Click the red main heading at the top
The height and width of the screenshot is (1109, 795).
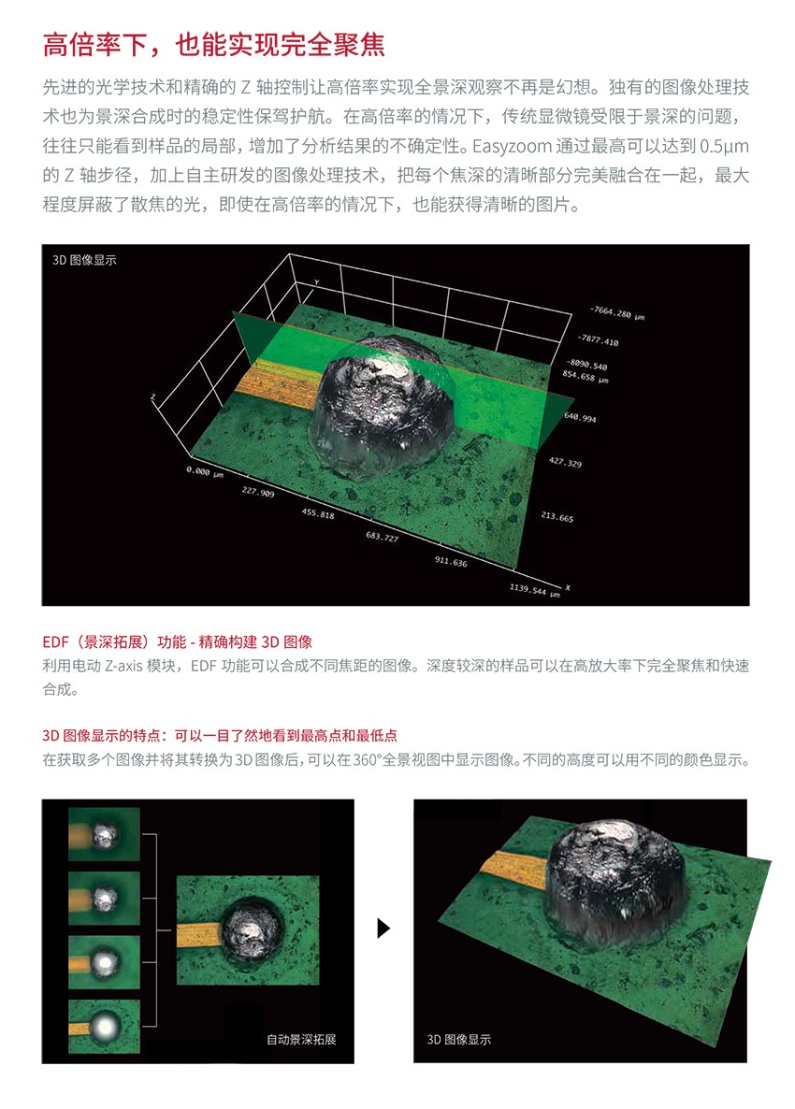click(213, 45)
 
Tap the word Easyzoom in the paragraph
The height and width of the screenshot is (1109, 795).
click(513, 147)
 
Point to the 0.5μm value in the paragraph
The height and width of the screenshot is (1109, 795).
click(724, 147)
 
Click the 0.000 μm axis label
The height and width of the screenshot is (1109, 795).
click(205, 472)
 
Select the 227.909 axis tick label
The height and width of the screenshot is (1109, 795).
click(258, 492)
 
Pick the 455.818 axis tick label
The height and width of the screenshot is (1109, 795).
click(318, 514)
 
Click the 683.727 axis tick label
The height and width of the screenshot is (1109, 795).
click(382, 537)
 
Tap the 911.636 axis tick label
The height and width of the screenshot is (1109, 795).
click(451, 562)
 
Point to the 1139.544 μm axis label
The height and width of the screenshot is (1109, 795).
click(535, 589)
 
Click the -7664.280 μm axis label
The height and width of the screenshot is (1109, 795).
click(617, 312)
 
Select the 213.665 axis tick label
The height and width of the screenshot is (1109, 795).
click(557, 517)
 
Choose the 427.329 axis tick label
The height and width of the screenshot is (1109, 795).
click(565, 463)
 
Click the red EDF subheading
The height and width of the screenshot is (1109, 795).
click(178, 642)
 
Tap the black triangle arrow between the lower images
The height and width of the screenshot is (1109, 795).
click(384, 928)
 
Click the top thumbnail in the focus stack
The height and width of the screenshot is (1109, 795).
click(104, 835)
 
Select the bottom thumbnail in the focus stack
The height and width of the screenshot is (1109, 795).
click(104, 1027)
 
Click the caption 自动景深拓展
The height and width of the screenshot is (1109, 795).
click(301, 1039)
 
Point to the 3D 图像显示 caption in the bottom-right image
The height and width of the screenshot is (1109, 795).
click(459, 1039)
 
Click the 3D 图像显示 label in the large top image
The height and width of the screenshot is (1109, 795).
click(84, 260)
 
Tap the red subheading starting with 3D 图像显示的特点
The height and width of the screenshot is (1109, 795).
click(220, 736)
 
